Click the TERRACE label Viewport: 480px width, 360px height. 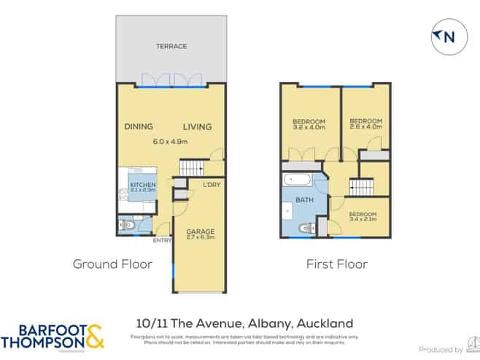[171, 46]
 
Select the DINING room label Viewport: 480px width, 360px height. [138, 127]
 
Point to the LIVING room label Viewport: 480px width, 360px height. [197, 127]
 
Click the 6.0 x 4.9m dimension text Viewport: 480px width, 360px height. [170, 142]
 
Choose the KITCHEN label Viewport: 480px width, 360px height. [142, 185]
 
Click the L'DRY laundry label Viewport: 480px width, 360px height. [212, 184]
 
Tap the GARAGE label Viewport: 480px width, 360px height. [199, 231]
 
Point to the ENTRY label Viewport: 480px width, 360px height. [162, 240]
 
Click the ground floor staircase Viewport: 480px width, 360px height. [192, 168]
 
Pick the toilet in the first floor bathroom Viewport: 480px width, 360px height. [308, 226]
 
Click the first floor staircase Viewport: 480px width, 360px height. [360, 187]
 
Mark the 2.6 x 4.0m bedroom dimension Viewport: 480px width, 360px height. [365, 128]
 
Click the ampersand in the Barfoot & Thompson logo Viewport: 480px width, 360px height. [95, 337]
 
